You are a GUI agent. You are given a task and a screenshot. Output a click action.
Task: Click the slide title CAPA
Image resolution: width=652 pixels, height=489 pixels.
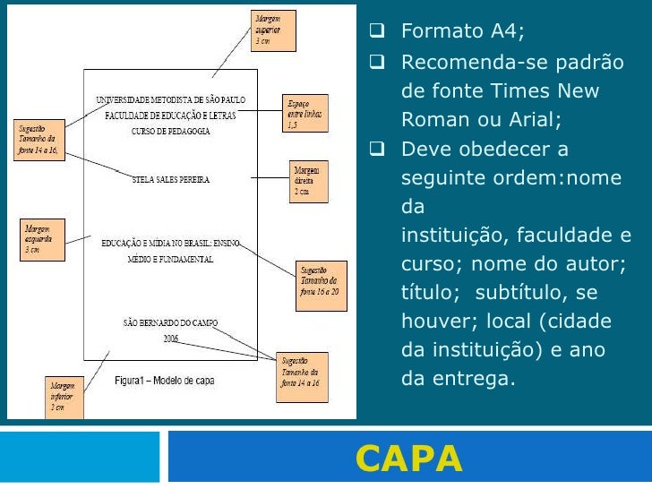tap(408, 458)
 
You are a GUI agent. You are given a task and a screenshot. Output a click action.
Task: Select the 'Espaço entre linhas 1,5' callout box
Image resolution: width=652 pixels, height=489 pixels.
tap(304, 113)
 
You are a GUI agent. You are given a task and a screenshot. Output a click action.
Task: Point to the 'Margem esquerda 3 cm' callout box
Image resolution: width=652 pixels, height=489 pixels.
tap(42, 240)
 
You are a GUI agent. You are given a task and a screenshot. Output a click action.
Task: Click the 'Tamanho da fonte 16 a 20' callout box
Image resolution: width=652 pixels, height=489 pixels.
tap(320, 280)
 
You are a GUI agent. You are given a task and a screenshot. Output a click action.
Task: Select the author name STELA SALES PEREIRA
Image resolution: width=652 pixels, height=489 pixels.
tap(170, 179)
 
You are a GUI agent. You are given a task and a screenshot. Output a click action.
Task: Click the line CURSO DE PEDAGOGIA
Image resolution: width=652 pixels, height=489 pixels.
tap(170, 131)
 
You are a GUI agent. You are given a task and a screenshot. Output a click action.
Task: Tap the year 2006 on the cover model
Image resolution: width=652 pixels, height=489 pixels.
tap(171, 339)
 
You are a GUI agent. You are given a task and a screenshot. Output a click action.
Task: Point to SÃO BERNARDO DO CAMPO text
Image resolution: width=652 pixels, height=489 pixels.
tap(170, 323)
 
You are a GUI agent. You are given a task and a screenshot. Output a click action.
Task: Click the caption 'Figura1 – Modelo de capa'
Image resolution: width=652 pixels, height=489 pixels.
tap(164, 381)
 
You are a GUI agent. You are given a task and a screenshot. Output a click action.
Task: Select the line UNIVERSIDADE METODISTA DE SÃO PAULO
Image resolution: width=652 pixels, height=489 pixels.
tap(170, 99)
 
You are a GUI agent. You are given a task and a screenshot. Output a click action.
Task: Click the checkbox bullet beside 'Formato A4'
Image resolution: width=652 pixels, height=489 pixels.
tap(377, 33)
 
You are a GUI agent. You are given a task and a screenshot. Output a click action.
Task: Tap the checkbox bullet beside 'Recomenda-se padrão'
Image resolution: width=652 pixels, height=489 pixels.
tap(377, 63)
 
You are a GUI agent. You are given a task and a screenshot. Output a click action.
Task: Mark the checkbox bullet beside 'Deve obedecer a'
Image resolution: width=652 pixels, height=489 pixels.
tap(377, 149)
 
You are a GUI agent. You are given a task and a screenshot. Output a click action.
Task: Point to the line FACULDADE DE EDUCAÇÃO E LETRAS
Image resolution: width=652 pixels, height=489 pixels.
tap(170, 116)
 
